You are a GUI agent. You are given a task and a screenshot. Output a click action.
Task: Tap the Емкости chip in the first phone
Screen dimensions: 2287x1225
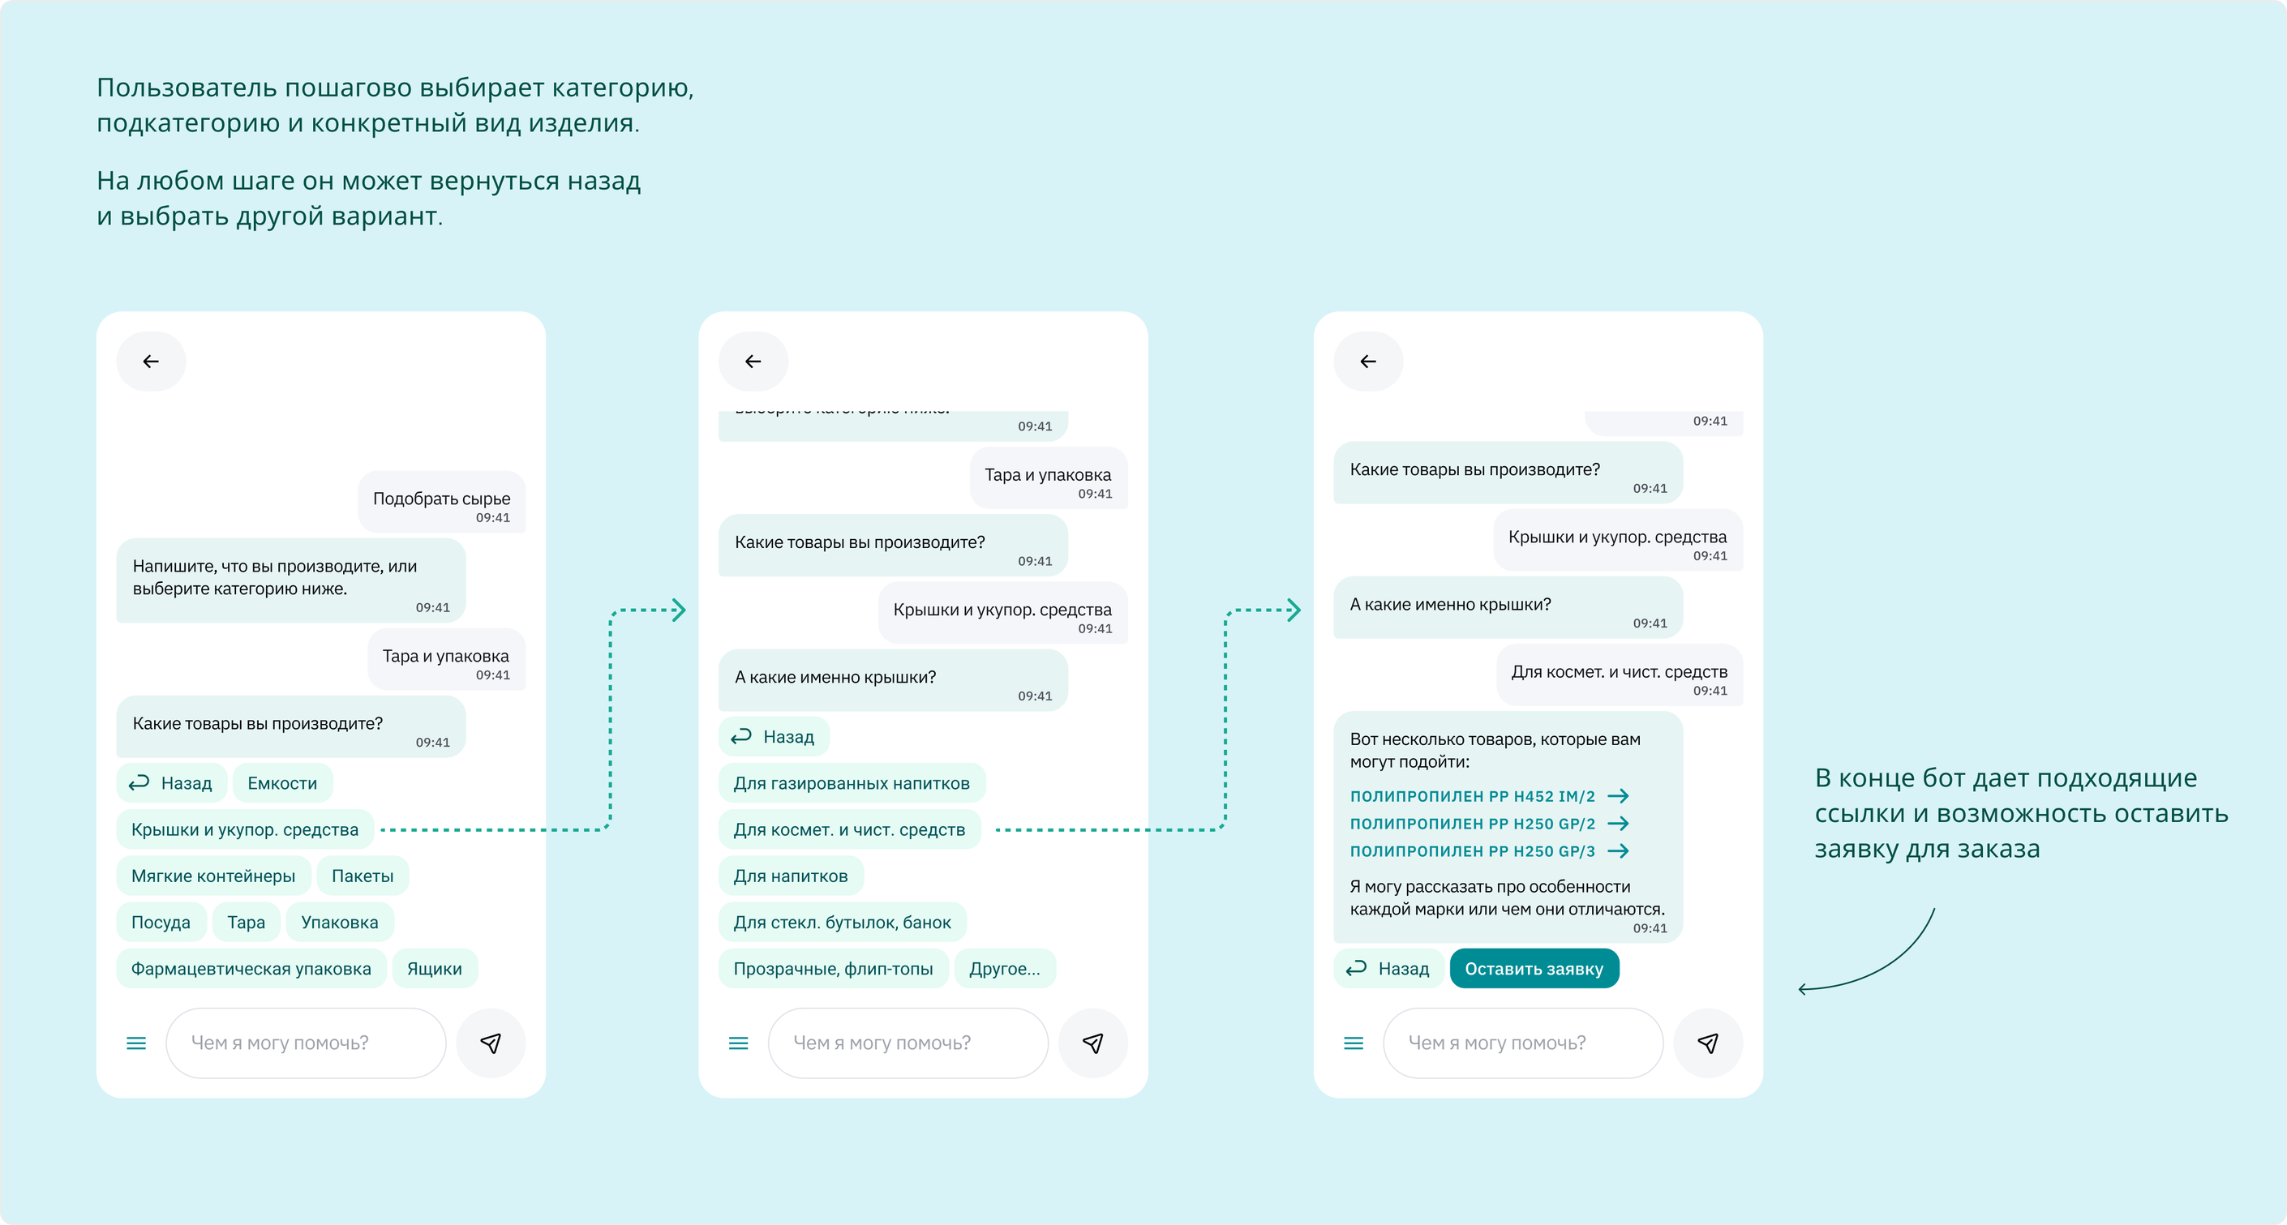point(282,783)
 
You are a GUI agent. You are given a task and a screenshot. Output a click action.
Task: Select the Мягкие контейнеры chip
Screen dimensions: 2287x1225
point(213,876)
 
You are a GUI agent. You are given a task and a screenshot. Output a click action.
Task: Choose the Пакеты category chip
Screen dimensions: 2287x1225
point(363,876)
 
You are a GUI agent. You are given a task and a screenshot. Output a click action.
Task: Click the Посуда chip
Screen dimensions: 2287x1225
point(161,922)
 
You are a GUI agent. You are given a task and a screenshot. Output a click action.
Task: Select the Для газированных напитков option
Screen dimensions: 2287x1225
point(852,783)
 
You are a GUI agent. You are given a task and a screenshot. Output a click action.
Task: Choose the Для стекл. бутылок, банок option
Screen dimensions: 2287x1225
point(842,922)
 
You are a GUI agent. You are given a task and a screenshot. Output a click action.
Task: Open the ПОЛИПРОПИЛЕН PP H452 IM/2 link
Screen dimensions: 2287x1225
point(1489,796)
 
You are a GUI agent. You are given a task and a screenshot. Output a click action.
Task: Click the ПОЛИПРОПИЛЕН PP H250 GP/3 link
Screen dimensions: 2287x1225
point(1489,851)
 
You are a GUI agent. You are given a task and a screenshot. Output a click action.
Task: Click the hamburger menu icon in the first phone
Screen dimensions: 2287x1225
point(135,1043)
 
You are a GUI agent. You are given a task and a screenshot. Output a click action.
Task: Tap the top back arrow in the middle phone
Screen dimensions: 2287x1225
point(753,362)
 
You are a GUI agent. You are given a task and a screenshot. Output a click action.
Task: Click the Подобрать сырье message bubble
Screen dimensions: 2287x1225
point(441,502)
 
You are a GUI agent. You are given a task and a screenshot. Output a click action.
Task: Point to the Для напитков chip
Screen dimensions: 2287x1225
point(790,876)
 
